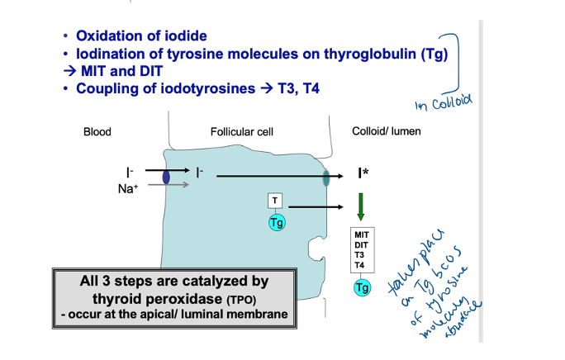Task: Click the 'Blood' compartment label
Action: [x=97, y=132]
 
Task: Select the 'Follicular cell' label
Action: [x=242, y=132]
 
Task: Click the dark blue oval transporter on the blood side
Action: [x=166, y=177]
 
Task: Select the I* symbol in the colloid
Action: [x=363, y=173]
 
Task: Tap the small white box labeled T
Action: [x=276, y=201]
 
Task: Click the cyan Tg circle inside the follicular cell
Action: [x=276, y=222]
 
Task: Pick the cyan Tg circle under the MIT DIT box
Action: [x=362, y=287]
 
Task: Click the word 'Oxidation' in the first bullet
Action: [x=108, y=36]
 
